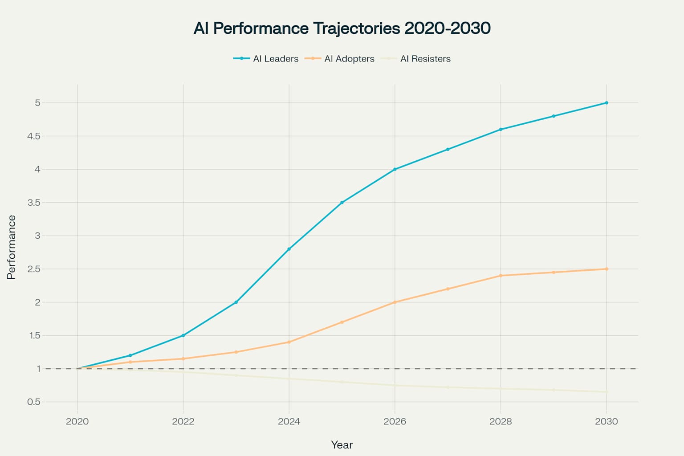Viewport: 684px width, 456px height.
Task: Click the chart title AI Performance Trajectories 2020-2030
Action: click(x=342, y=28)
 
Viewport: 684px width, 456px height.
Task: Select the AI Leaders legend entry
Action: click(x=266, y=59)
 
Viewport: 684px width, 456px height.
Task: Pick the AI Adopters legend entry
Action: click(x=340, y=59)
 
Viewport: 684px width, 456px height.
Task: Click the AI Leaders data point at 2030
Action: click(x=607, y=103)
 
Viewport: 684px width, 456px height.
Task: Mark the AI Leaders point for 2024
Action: click(x=289, y=249)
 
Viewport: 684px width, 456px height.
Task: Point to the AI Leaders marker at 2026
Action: click(x=395, y=169)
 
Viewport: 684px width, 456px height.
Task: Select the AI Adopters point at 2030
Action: click(x=607, y=269)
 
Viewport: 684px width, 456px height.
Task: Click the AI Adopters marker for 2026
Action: click(x=395, y=302)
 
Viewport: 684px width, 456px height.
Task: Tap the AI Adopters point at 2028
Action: click(x=501, y=276)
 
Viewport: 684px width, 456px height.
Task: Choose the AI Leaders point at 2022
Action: click(x=183, y=335)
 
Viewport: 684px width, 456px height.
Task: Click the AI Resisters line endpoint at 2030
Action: click(x=607, y=392)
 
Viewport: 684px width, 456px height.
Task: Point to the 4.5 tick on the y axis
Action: click(x=34, y=136)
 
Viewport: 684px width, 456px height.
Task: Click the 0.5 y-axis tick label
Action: click(x=34, y=402)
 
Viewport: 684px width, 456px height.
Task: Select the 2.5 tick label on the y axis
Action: click(x=34, y=269)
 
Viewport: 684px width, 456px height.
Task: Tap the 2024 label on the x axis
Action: click(x=289, y=421)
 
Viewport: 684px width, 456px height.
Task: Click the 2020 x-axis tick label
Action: click(x=77, y=421)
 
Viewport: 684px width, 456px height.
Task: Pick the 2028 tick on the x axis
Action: click(x=501, y=421)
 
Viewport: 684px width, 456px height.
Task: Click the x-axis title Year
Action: click(x=342, y=445)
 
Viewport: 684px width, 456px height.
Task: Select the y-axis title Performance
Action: click(x=12, y=247)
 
